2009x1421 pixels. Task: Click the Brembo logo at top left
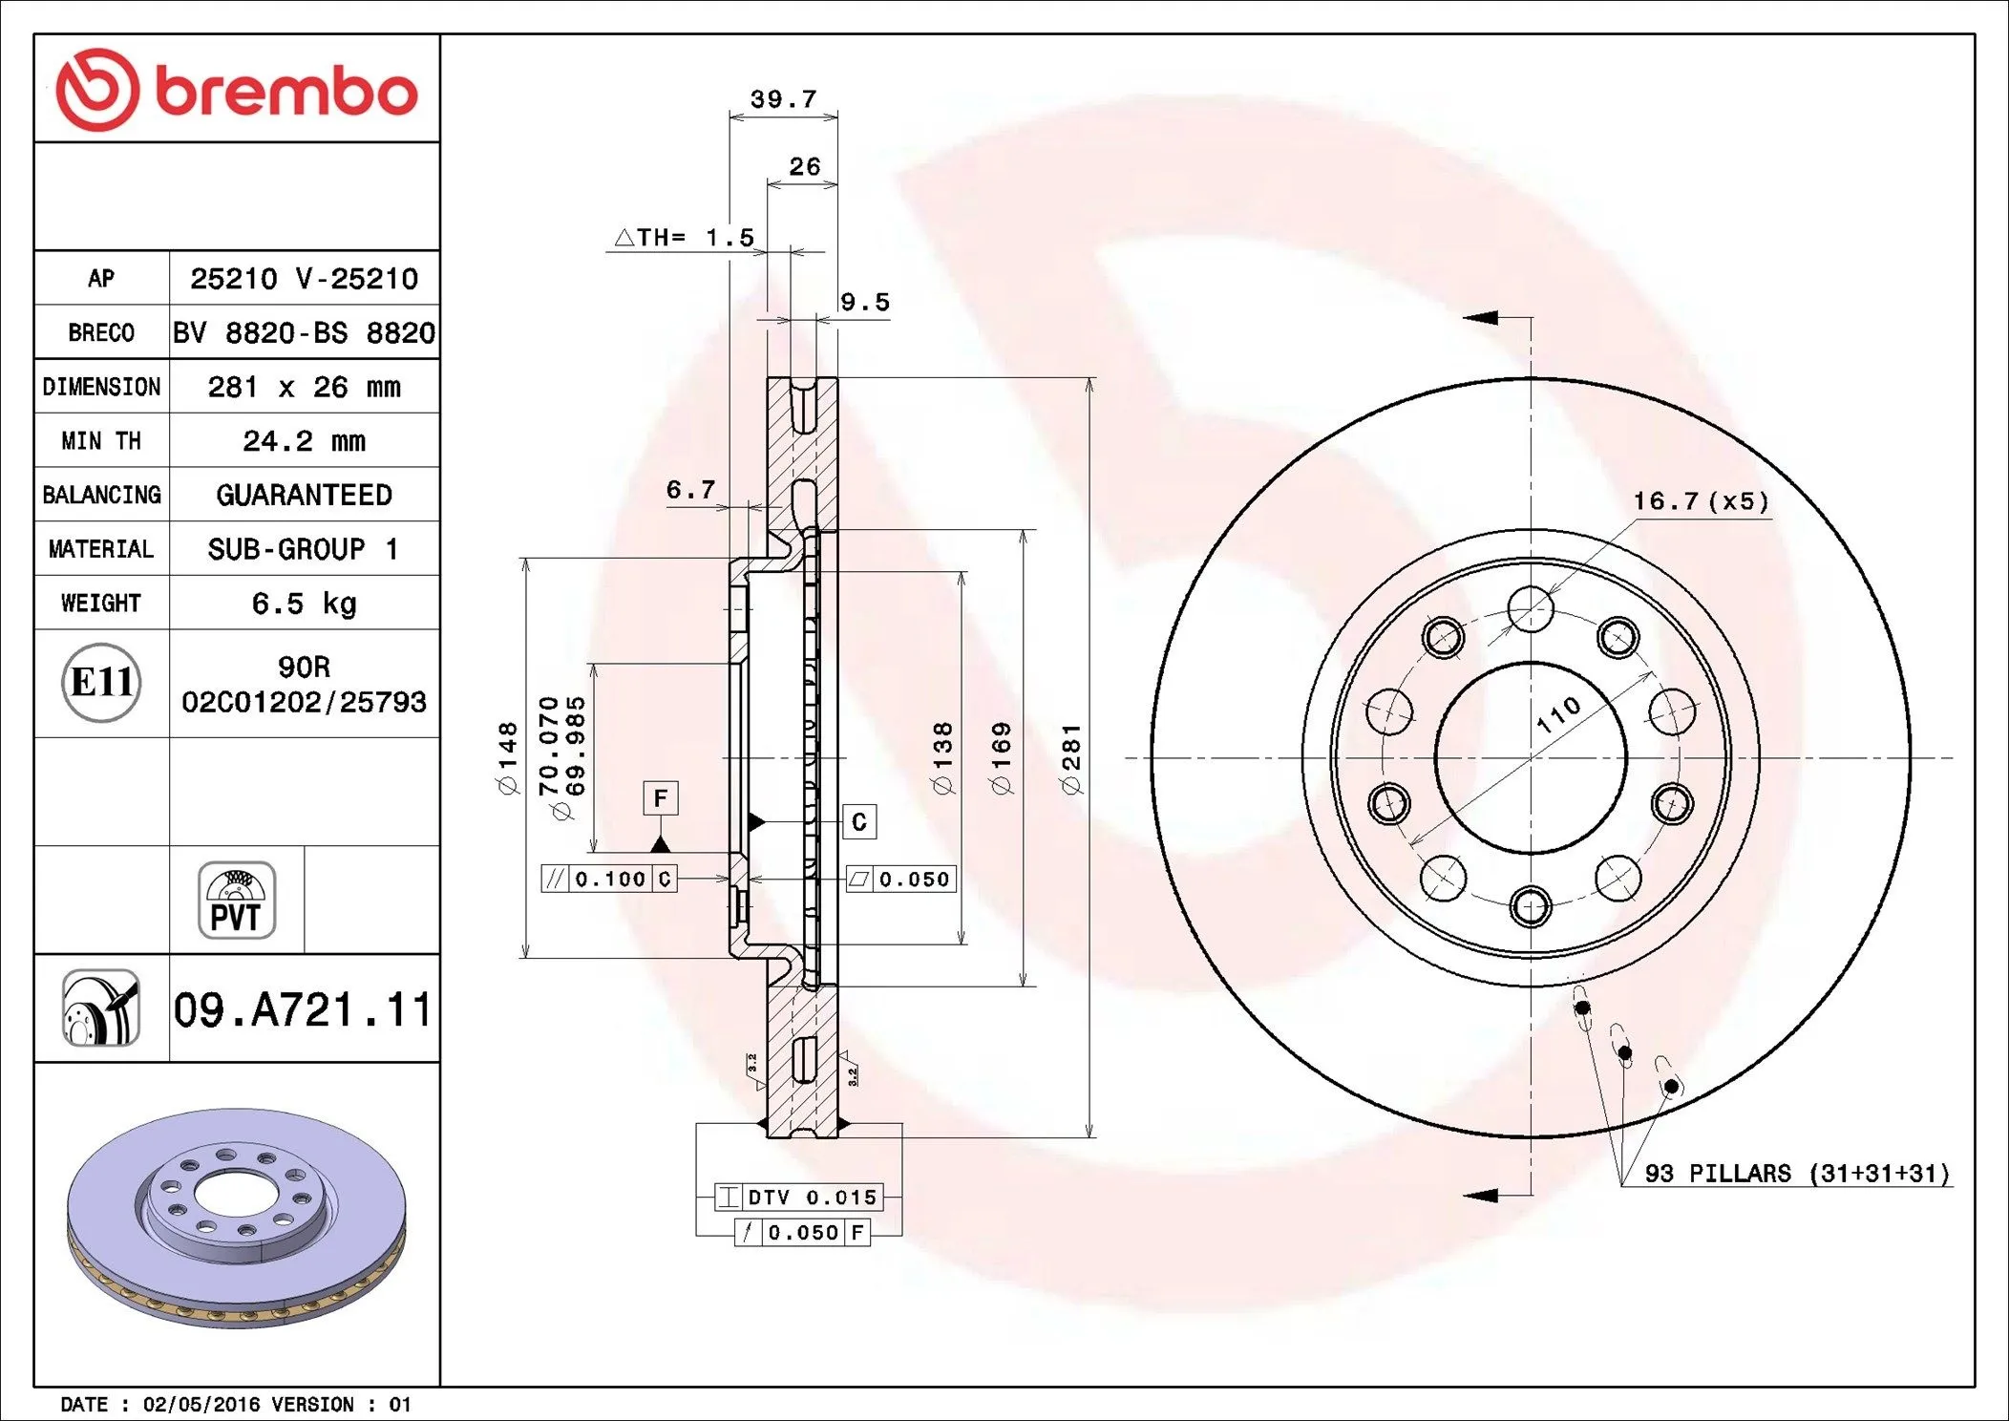point(237,91)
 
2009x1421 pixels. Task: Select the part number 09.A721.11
point(303,1009)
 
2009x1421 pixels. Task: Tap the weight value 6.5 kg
point(304,604)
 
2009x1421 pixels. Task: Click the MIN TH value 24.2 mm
point(304,441)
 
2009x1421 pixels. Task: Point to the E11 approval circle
point(101,682)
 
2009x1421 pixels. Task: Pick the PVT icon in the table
point(237,901)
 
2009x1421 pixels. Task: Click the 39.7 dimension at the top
point(783,99)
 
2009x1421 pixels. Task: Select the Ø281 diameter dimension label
point(1071,758)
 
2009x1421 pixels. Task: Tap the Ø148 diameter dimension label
point(507,758)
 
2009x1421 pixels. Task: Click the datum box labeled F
point(660,798)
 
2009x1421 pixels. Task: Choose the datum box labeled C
point(858,822)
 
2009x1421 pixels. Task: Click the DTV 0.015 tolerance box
point(798,1197)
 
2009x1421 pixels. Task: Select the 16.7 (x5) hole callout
point(1701,501)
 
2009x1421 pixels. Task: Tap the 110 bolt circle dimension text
point(1558,714)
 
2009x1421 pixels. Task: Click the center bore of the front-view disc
point(1530,758)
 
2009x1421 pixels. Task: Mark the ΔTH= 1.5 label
point(685,237)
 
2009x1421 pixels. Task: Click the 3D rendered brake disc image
point(237,1218)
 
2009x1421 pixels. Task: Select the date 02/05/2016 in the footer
point(201,1405)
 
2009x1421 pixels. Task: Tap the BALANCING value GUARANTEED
point(304,495)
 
